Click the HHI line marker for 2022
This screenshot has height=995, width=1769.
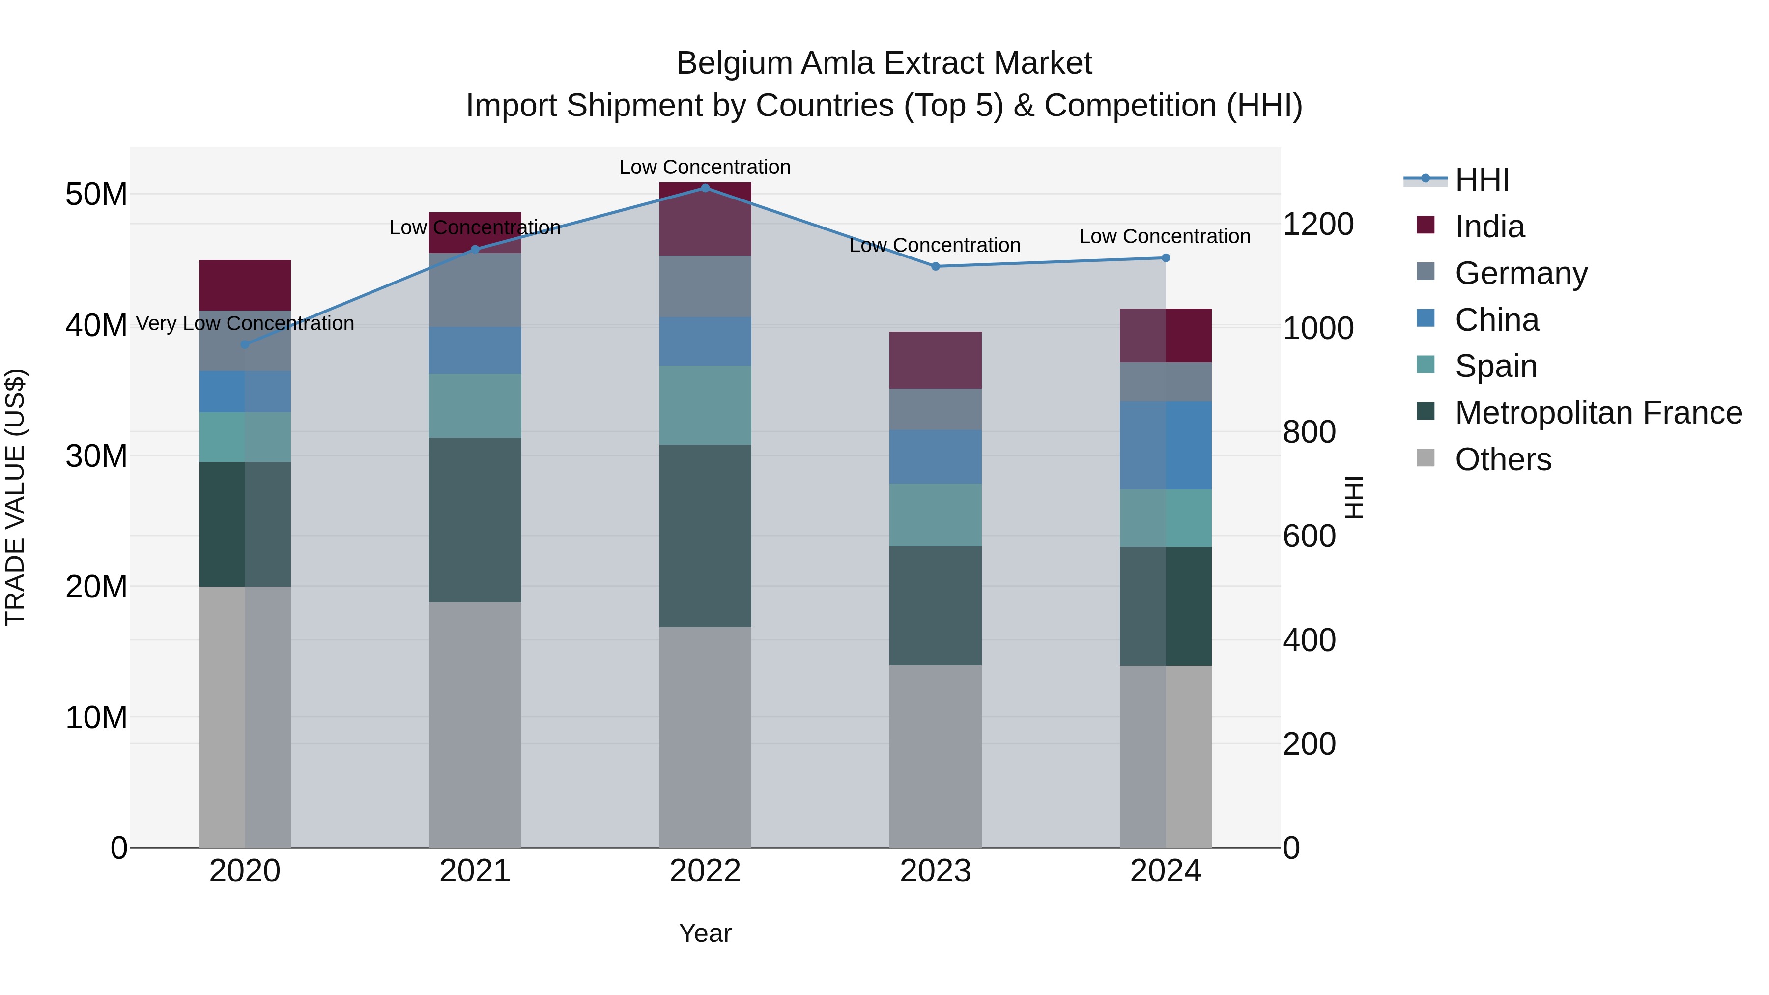coord(705,188)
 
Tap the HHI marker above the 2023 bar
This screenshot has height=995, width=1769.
coord(935,266)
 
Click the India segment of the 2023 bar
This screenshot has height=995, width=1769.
coord(935,361)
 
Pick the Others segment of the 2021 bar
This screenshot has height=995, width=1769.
coord(475,724)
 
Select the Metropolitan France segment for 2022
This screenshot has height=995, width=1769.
coord(705,536)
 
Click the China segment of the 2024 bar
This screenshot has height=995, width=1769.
coord(1166,445)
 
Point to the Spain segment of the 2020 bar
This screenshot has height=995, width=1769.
coord(245,437)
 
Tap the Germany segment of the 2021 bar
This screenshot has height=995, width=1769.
coord(475,290)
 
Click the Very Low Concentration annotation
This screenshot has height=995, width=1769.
coord(245,323)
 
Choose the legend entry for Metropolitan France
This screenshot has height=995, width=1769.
coord(1598,413)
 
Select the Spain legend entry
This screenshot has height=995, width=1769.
coord(1495,367)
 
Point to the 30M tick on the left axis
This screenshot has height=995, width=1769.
coord(96,456)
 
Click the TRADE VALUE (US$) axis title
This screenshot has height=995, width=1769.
coord(15,497)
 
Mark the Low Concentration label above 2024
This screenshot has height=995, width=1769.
coord(1164,236)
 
